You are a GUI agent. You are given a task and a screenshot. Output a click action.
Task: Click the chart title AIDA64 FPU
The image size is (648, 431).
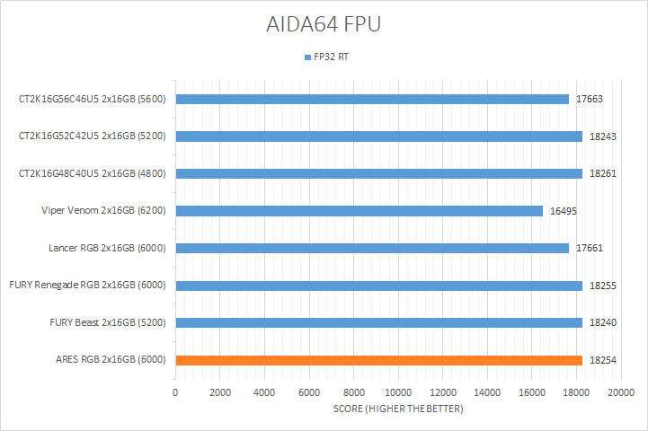(x=324, y=24)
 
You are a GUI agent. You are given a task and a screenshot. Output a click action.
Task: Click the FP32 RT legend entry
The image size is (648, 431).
(x=329, y=57)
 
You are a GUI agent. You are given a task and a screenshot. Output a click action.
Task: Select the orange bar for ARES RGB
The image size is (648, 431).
(x=378, y=360)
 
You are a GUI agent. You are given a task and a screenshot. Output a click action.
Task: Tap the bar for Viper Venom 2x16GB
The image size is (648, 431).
(x=359, y=211)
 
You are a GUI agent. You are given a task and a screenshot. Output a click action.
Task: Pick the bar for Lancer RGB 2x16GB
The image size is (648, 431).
(x=372, y=248)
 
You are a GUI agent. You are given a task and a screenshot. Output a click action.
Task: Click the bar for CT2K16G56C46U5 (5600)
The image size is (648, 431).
(x=372, y=99)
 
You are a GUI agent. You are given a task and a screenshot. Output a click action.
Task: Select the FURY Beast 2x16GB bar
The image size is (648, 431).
(x=378, y=322)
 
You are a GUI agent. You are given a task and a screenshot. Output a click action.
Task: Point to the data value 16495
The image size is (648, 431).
(x=563, y=211)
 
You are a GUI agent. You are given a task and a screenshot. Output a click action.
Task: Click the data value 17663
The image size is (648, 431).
(x=589, y=99)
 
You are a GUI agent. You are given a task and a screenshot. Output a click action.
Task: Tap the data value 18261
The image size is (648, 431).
(x=602, y=173)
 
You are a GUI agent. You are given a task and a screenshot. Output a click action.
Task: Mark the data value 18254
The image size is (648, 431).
(x=602, y=360)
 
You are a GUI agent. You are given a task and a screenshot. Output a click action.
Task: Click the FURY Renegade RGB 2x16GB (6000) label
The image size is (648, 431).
(x=88, y=286)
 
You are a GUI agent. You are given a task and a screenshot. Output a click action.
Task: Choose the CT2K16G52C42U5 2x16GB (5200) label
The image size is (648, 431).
(x=93, y=136)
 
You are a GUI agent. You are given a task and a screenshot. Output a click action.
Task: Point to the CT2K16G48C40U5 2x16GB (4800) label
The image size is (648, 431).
(x=93, y=173)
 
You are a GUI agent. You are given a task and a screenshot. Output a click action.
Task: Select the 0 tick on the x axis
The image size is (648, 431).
(x=175, y=392)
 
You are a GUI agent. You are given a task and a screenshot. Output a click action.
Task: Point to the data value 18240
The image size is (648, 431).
(x=602, y=322)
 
